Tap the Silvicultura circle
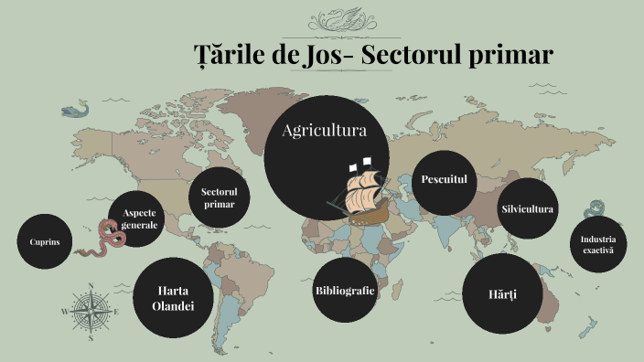[527, 209]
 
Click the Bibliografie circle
[345, 291]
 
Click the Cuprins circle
[44, 241]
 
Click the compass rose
[91, 312]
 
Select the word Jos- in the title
[325, 56]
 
